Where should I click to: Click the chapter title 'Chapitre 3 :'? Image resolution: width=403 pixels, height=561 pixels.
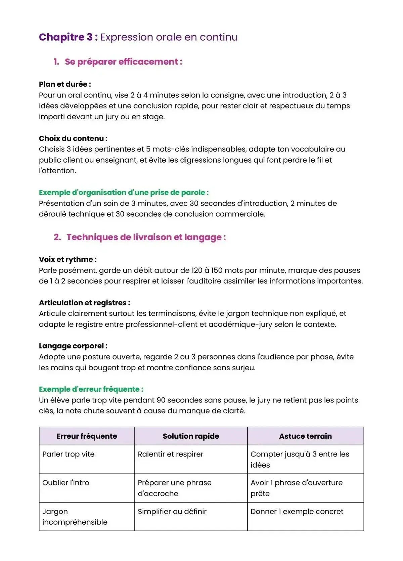[68, 37]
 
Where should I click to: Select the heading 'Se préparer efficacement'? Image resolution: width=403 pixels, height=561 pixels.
[123, 62]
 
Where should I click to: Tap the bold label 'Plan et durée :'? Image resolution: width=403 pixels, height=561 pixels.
[65, 84]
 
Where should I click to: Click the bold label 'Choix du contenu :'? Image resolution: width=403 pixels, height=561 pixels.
[73, 138]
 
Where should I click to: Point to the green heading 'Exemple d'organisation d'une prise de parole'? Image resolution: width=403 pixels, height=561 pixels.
[124, 192]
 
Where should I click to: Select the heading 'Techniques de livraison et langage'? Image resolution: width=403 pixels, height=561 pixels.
[146, 237]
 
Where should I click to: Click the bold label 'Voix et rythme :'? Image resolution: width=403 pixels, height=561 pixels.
[68, 259]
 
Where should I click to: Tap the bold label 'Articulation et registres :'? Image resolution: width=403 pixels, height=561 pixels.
[85, 303]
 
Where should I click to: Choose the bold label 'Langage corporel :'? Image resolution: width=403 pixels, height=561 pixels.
[73, 346]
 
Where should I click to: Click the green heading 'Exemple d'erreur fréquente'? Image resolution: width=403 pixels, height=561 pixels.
[91, 389]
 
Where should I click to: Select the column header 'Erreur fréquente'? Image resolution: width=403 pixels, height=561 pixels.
[87, 436]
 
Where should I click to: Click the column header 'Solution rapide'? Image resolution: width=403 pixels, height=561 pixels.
[191, 436]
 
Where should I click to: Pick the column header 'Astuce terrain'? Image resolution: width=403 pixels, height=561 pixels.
[305, 436]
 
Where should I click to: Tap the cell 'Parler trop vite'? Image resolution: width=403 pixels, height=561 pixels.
[69, 454]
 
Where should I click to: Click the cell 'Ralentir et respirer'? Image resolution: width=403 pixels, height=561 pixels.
[171, 454]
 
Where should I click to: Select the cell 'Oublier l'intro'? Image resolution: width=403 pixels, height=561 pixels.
[66, 483]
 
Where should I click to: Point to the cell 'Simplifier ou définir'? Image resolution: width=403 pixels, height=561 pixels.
[172, 512]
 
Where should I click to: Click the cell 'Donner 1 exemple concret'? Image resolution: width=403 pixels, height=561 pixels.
[297, 512]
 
